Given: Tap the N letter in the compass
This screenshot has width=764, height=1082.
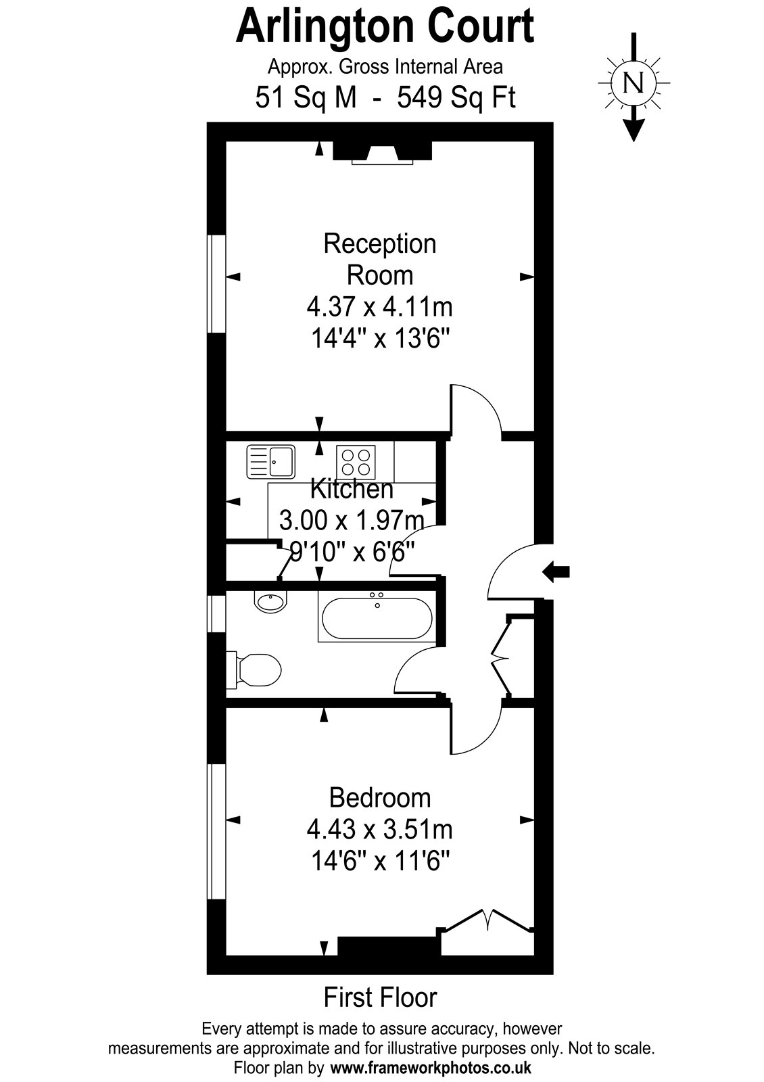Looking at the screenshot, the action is (634, 83).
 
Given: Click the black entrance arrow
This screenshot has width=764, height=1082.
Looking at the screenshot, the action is (556, 572).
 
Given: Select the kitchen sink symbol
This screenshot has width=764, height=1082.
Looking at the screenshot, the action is (270, 462).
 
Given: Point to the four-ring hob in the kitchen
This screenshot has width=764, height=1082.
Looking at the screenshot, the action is (356, 462).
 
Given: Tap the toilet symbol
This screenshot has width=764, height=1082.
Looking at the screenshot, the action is (254, 670).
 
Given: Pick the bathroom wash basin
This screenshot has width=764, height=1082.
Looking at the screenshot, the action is (270, 602).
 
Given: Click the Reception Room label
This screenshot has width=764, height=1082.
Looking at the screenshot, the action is (380, 260).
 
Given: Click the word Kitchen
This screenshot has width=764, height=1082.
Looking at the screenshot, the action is (352, 489).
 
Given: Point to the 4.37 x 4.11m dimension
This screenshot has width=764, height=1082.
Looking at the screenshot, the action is (380, 307).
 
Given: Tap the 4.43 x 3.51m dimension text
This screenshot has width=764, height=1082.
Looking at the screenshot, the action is (380, 830).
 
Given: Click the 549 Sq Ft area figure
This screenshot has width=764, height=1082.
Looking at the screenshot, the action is (456, 97).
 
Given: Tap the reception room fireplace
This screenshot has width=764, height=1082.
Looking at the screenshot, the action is (383, 153).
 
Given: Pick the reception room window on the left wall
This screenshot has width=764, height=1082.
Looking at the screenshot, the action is (216, 283).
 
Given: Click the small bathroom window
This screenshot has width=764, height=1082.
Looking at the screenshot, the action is (216, 613).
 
